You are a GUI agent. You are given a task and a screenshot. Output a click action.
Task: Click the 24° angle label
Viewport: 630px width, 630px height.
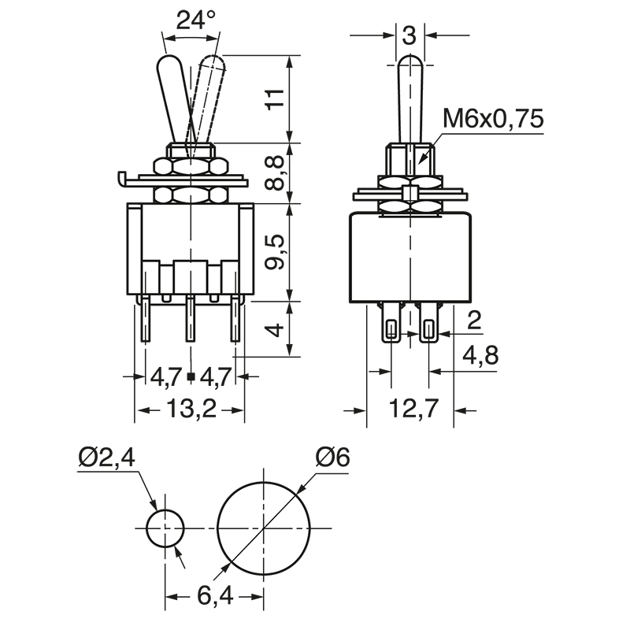point(195,20)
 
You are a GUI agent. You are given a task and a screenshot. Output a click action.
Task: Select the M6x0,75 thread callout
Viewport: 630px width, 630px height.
point(493,119)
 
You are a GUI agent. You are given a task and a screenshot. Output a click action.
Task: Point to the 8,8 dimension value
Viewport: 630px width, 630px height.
point(273,172)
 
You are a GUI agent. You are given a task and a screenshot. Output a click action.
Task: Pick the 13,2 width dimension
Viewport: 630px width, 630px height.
point(191,410)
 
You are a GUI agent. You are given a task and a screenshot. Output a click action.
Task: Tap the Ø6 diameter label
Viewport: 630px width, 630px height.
point(332,457)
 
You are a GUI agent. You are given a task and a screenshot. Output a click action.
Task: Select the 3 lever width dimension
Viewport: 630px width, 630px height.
point(408,35)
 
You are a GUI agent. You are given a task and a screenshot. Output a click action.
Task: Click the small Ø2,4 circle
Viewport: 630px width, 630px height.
point(165,528)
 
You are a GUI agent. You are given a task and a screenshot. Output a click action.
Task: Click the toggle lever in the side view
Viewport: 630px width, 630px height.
point(410,98)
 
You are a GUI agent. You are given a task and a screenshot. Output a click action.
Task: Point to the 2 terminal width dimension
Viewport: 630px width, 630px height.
point(474,319)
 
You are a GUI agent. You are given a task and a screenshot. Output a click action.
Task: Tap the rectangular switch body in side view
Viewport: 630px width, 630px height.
point(410,256)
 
